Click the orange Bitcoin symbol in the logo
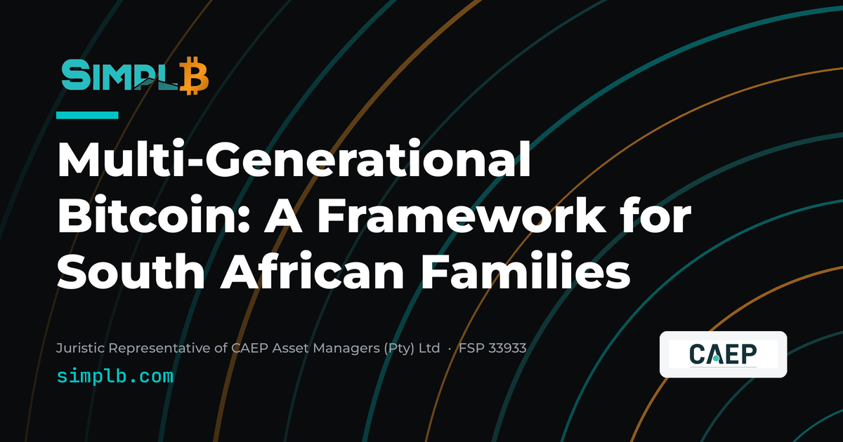click(x=194, y=76)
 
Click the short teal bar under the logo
click(x=87, y=115)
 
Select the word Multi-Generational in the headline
click(x=294, y=159)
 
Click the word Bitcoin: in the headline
click(x=154, y=214)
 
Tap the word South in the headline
click(x=131, y=270)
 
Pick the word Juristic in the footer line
click(x=80, y=349)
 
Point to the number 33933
click(x=507, y=348)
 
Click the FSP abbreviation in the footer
click(x=471, y=348)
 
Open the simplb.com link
click(x=115, y=376)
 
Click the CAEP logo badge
click(x=723, y=354)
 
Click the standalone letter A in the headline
click(x=283, y=214)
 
